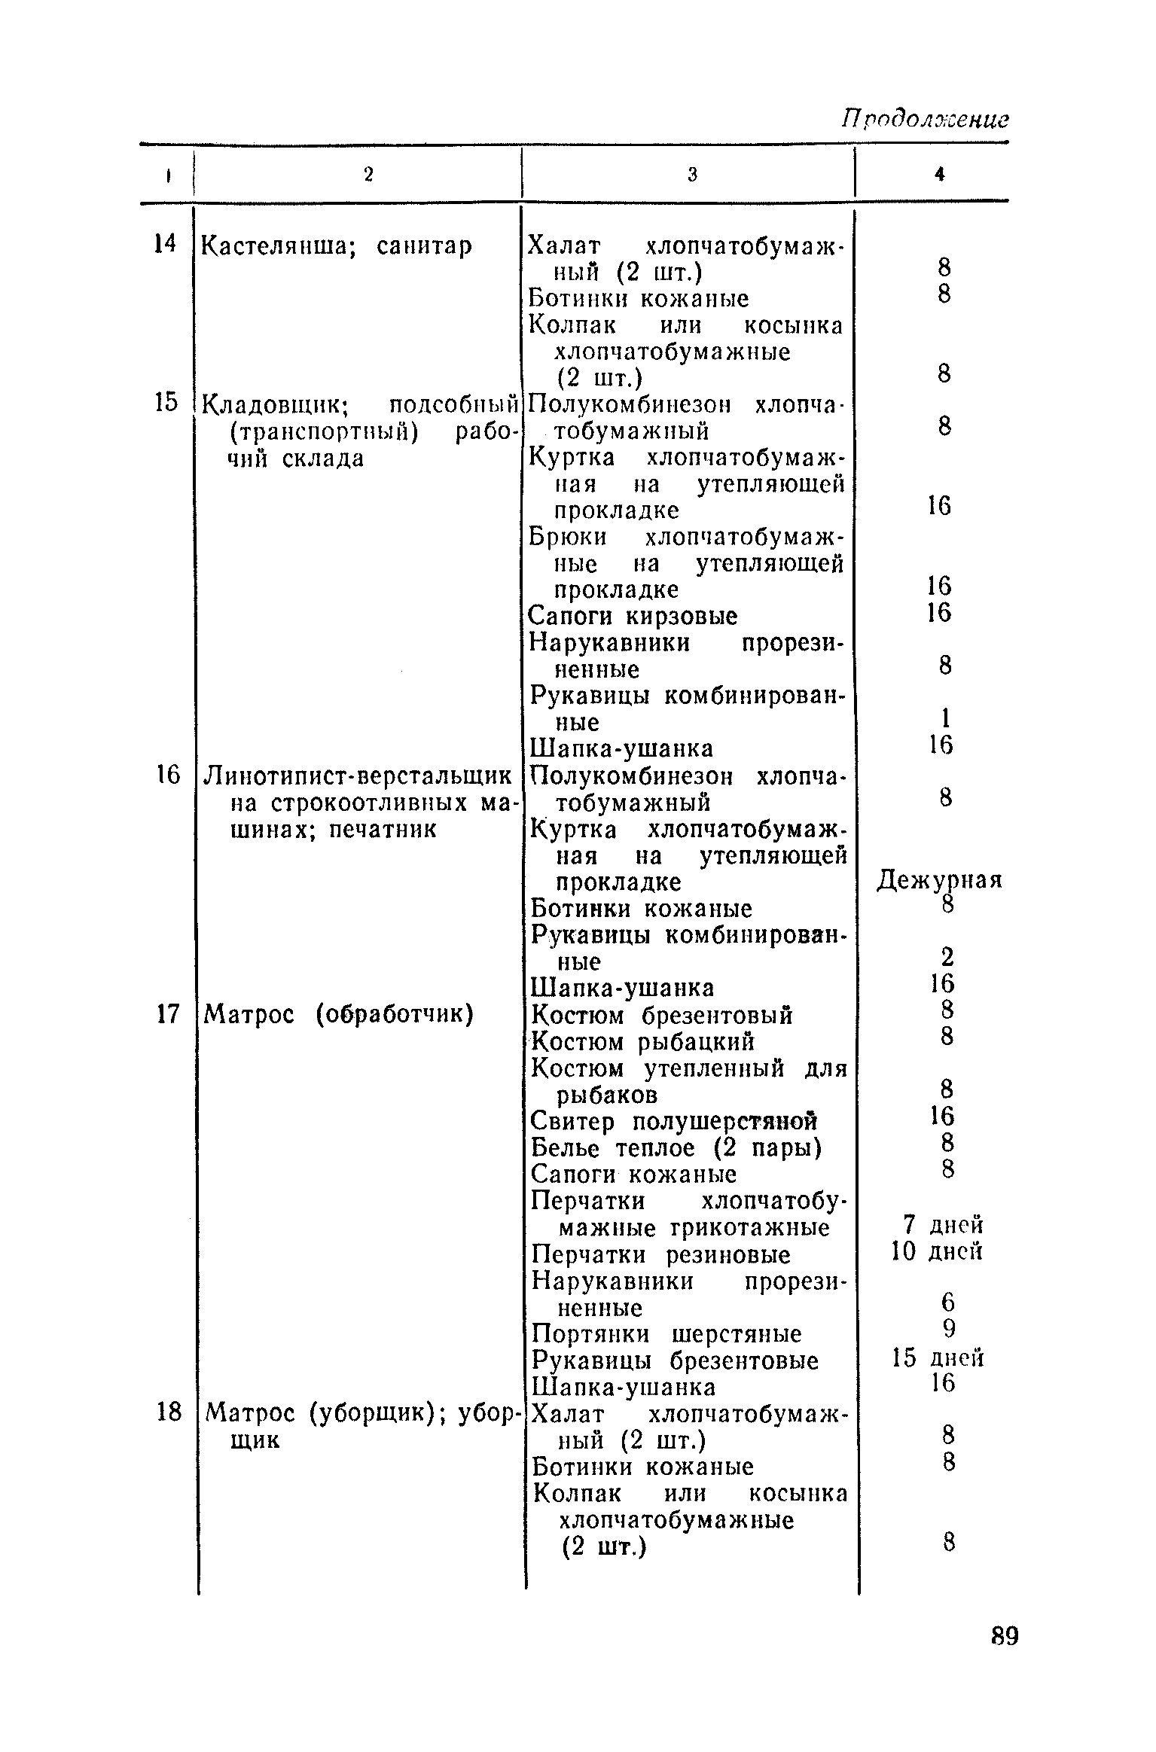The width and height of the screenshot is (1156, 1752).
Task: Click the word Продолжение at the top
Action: click(925, 119)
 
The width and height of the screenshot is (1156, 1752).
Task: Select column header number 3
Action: click(692, 175)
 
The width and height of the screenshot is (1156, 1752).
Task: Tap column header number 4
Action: click(939, 175)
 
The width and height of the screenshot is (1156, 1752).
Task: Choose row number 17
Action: click(167, 1014)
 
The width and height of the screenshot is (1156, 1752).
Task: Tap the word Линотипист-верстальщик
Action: click(358, 775)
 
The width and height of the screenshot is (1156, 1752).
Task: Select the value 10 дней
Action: click(937, 1252)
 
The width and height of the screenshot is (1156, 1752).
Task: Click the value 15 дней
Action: click(938, 1358)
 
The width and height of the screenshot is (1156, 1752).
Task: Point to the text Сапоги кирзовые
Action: click(633, 616)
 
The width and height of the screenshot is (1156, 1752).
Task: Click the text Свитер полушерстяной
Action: click(674, 1121)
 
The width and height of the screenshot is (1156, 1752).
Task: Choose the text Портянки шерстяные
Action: click(667, 1333)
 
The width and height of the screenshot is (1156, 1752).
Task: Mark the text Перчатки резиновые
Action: click(661, 1254)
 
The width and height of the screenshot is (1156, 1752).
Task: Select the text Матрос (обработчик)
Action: click(339, 1015)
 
